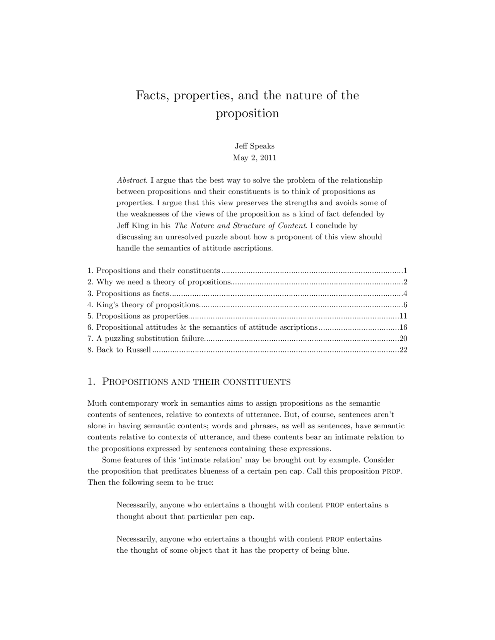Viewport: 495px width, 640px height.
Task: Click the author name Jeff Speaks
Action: point(254,146)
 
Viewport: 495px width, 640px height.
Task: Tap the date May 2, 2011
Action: point(254,158)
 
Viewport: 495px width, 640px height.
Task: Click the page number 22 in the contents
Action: point(403,350)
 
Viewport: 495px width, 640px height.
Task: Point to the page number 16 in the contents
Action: point(403,327)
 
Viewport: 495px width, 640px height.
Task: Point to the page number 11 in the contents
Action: point(403,316)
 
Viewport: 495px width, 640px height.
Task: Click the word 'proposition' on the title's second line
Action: point(247,113)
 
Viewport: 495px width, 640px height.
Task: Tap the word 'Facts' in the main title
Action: point(152,95)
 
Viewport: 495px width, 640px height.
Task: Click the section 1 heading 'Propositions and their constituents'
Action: point(196,382)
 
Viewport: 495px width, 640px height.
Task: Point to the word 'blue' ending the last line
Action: point(340,550)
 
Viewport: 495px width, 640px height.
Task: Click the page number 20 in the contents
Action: point(403,339)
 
